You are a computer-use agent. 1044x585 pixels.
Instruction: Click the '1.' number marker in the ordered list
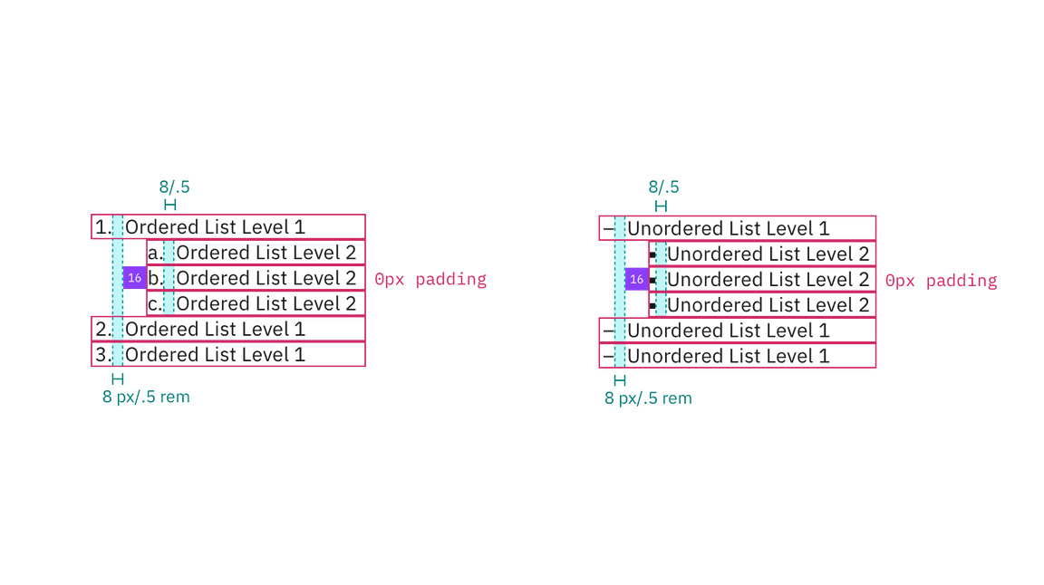[101, 227]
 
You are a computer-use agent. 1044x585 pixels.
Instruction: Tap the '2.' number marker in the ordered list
[101, 330]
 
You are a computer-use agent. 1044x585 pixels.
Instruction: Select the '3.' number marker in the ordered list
[101, 355]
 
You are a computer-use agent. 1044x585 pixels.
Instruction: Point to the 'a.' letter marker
[154, 253]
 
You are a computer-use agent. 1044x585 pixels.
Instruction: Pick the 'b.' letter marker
[154, 278]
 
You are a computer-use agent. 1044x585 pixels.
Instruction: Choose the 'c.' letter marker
[154, 303]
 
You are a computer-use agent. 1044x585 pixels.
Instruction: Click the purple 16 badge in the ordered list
[135, 278]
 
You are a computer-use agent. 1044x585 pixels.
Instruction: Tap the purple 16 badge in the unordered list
[637, 280]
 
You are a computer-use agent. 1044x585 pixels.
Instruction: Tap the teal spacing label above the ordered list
[175, 187]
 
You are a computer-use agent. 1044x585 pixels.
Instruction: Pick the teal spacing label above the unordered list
[664, 187]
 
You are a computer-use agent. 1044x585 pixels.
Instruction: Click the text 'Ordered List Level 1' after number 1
[215, 227]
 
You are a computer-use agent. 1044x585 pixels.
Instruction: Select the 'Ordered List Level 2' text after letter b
[266, 278]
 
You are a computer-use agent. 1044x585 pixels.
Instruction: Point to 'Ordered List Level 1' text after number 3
[215, 355]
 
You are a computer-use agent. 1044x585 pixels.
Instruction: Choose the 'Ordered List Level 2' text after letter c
[266, 303]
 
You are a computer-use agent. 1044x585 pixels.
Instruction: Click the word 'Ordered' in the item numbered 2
[157, 330]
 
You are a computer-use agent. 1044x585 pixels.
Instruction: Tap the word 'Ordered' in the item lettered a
[208, 253]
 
